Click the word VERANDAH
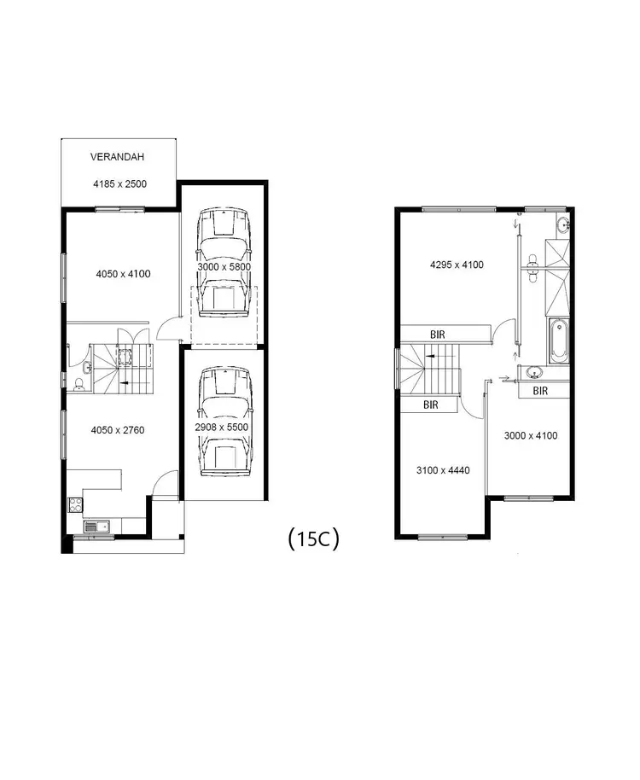[118, 157]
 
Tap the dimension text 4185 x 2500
[119, 183]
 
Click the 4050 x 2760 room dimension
[118, 430]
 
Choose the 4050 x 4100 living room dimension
[123, 274]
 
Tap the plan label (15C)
[313, 538]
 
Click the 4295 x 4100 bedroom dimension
[457, 265]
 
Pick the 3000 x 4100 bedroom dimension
[530, 435]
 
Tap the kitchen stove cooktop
[75, 504]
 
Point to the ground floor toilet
[79, 383]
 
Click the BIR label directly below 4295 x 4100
[438, 335]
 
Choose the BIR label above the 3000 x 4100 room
[539, 391]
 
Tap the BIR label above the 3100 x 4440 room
[431, 405]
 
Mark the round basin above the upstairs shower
[562, 226]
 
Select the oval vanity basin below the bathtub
[534, 373]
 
